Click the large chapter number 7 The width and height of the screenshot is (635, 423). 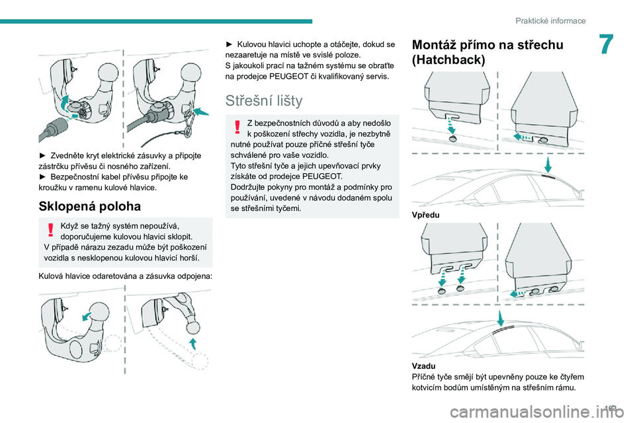pyautogui.click(x=607, y=44)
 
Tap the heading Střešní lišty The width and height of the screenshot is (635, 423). pyautogui.click(x=264, y=100)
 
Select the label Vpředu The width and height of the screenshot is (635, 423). pyautogui.click(x=425, y=215)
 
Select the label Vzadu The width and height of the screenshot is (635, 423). pyautogui.click(x=423, y=366)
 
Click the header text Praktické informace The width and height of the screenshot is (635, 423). pyautogui.click(x=550, y=20)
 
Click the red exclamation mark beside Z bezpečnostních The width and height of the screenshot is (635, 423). pyautogui.click(x=237, y=127)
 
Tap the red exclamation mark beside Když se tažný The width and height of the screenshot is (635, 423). pyautogui.click(x=51, y=229)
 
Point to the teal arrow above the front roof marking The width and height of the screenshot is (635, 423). pyautogui.click(x=548, y=165)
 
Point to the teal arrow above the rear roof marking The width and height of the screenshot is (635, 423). pyautogui.click(x=501, y=318)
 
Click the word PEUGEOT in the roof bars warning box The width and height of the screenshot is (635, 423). pyautogui.click(x=322, y=176)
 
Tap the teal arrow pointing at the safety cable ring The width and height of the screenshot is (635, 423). pyautogui.click(x=201, y=111)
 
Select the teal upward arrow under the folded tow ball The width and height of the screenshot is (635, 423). pyautogui.click(x=193, y=344)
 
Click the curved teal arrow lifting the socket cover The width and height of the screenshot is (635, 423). pyautogui.click(x=64, y=103)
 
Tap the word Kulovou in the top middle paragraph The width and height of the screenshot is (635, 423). pyautogui.click(x=251, y=44)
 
